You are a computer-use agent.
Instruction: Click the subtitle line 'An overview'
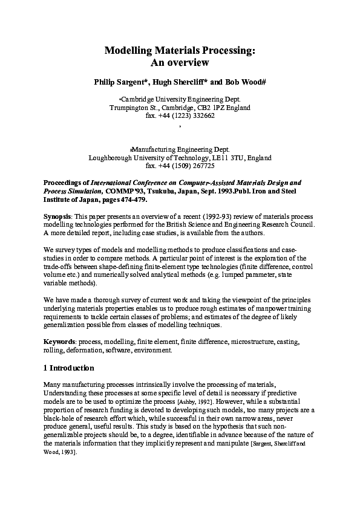point(179,62)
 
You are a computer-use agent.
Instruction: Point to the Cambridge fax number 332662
point(201,116)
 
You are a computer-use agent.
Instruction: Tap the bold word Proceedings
point(65,182)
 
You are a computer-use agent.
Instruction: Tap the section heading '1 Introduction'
point(68,368)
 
